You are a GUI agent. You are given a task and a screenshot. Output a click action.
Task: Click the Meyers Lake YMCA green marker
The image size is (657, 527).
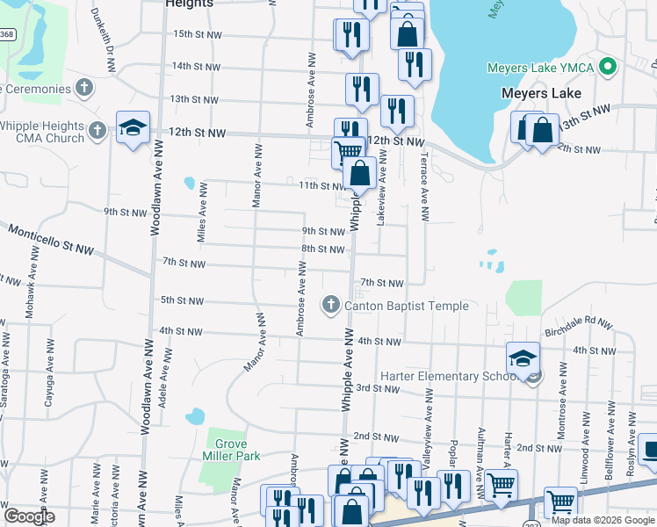607,68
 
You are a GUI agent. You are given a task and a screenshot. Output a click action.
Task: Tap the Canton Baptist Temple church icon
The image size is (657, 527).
331,306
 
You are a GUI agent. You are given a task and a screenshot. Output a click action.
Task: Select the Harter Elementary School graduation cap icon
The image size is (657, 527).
523,357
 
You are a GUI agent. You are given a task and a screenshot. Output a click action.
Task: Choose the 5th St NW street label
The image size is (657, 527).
183,300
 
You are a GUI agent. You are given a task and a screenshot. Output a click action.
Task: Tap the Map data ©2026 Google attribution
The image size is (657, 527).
602,520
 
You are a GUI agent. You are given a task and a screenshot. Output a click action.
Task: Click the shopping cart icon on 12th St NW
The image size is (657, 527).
348,149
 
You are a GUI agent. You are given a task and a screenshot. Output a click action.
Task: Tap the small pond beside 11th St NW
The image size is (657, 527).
189,184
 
